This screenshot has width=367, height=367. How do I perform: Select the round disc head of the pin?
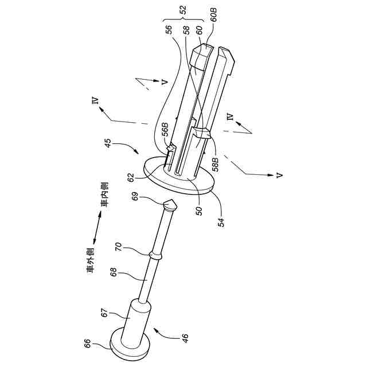click(x=127, y=344)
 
